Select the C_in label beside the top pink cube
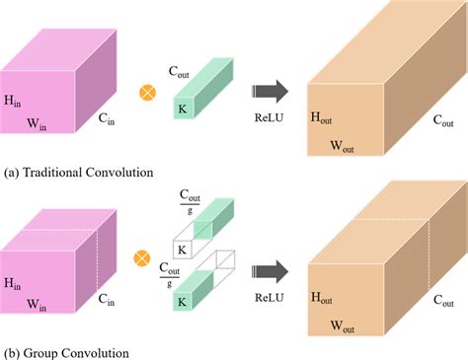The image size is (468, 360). click(108, 119)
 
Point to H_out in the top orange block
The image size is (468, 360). click(321, 118)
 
